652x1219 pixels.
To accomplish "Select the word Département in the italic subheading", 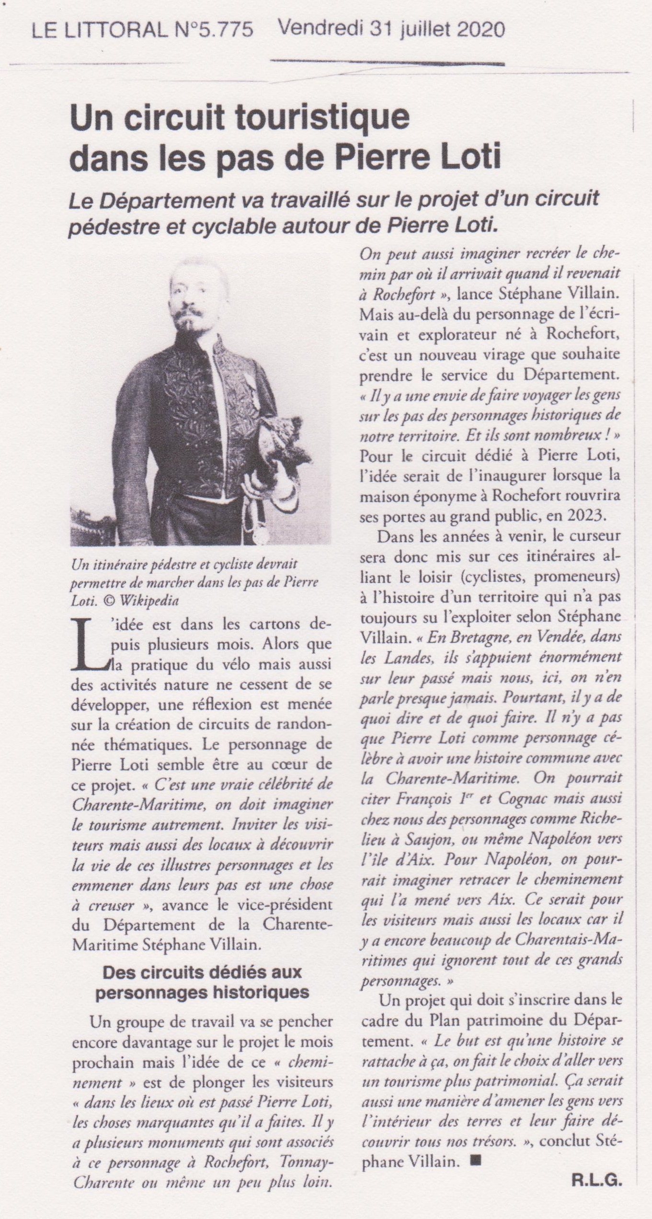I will click(153, 200).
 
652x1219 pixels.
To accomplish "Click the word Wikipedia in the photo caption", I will click(154, 601).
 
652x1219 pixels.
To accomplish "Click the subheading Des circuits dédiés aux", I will click(203, 958).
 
